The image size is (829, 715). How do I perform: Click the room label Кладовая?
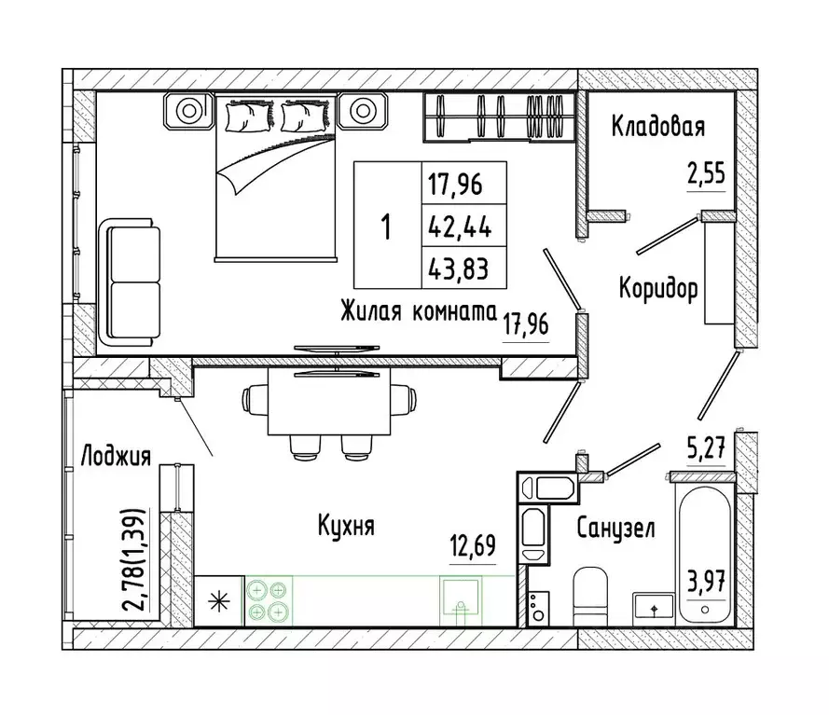657,126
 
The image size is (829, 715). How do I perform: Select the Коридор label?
658,289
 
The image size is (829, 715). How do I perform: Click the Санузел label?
615,529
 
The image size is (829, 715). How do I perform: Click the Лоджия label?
116,456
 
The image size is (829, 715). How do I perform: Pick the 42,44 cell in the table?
458,226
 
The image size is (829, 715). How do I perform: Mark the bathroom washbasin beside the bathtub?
654,606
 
